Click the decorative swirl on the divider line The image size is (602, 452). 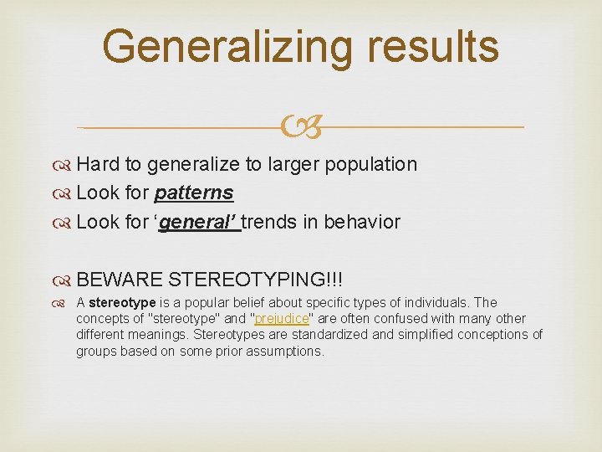[300, 127]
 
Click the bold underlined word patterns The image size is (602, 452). [194, 193]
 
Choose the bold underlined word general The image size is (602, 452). [199, 223]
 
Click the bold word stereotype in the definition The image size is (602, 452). [121, 302]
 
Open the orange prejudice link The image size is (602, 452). [282, 319]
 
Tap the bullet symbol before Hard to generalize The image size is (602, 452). [64, 164]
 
